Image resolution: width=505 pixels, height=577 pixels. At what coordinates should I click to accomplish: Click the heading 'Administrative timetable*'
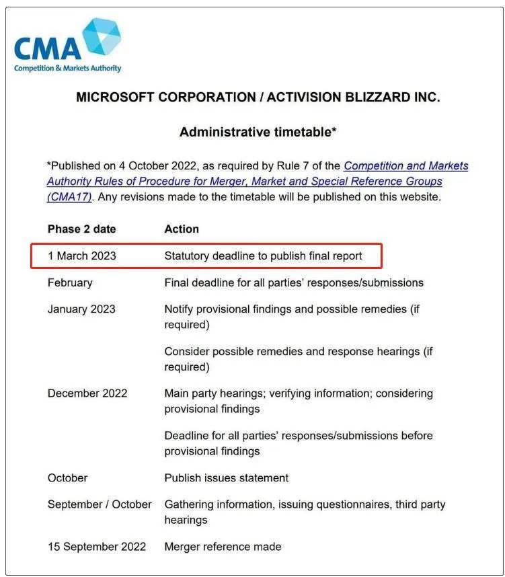tap(258, 132)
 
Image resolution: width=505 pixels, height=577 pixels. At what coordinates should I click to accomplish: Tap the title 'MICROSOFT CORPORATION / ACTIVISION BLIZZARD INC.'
tap(258, 98)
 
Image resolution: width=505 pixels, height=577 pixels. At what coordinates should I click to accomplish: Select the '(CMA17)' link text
tap(69, 197)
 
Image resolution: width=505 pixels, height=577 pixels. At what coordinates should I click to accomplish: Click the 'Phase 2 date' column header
tap(81, 229)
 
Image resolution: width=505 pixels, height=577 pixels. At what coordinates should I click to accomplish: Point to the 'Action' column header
tap(182, 229)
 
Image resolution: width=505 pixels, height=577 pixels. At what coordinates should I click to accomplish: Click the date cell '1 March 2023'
tap(81, 256)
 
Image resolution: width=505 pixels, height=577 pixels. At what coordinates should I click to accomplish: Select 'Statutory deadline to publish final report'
tap(263, 256)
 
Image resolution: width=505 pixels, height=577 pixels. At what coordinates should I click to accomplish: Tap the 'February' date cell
tap(70, 283)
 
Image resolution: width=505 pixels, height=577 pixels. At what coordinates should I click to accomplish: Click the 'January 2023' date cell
tap(81, 309)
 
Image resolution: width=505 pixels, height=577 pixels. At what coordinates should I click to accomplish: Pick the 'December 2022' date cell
tap(87, 393)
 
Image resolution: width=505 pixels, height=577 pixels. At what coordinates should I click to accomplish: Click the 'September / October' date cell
tap(100, 504)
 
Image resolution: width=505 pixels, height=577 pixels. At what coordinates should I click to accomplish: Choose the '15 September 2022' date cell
tap(97, 547)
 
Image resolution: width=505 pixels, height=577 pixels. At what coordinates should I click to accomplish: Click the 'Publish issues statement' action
tap(226, 478)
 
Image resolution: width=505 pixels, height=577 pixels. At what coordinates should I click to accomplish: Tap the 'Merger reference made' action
tap(223, 547)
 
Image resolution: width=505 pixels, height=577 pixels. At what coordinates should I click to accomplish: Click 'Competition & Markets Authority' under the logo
tap(67, 68)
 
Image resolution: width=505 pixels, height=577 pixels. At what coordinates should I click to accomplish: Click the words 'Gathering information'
tap(219, 504)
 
